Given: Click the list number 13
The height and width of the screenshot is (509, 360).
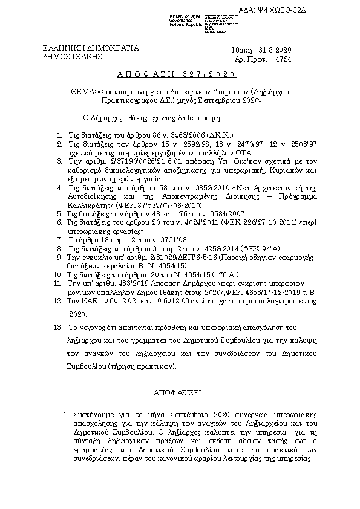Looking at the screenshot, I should (58, 327).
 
